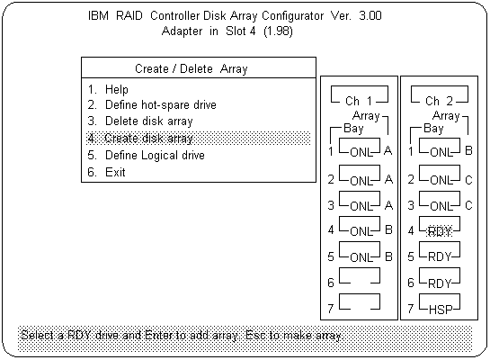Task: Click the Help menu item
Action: pos(108,89)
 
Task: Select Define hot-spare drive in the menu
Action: pos(152,104)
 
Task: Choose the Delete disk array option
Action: pos(140,121)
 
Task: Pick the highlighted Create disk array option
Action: pos(140,138)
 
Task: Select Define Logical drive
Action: pos(147,155)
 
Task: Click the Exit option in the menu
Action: pos(107,172)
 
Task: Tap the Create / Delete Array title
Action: pos(192,68)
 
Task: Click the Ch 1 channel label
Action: pos(359,101)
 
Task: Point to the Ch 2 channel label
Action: pos(439,101)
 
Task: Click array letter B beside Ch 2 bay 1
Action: pos(468,150)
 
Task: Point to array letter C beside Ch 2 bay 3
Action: pos(468,205)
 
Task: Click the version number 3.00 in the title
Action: pos(370,15)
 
